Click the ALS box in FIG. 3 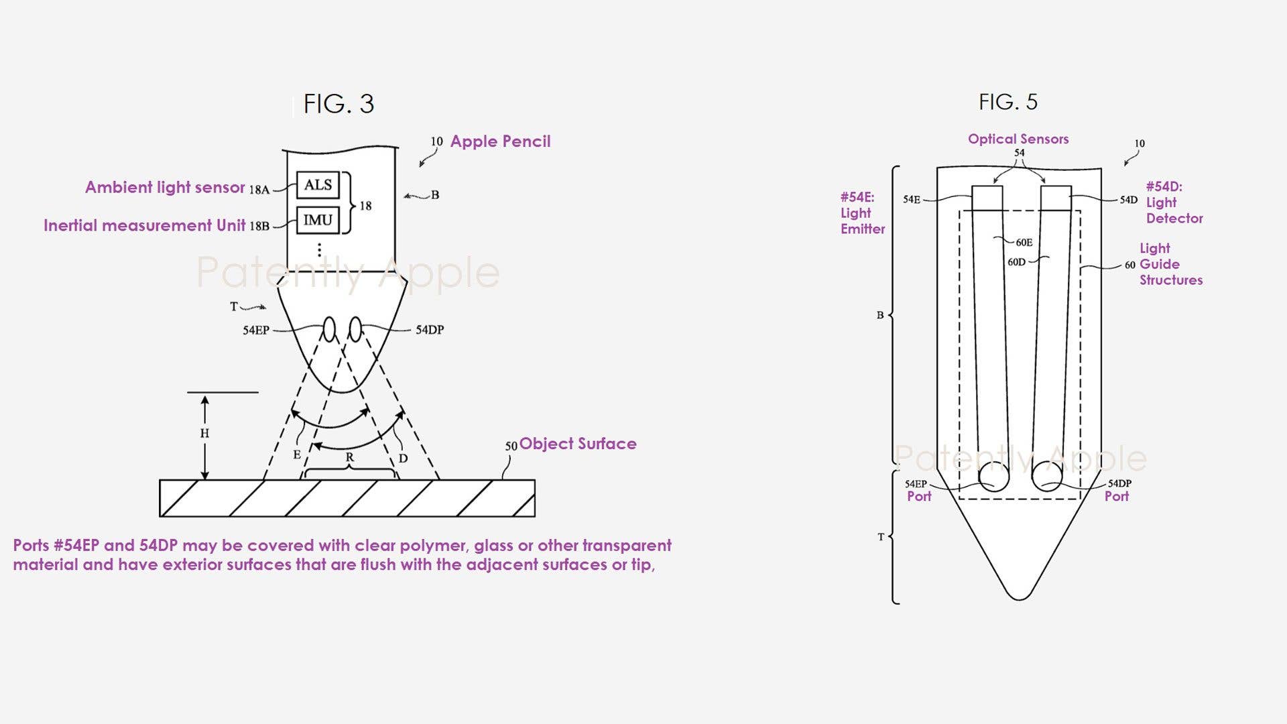click(318, 185)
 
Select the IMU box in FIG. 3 click(318, 220)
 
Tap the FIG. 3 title click(339, 104)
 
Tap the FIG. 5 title click(1007, 102)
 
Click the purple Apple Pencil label click(500, 141)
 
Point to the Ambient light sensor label click(165, 187)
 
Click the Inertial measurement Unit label click(144, 225)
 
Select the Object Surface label click(578, 444)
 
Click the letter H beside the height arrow click(204, 434)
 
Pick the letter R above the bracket click(349, 457)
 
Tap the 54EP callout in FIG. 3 click(256, 330)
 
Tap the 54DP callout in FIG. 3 click(430, 330)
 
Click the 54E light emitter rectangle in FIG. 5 click(987, 198)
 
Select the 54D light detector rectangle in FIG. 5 click(1056, 198)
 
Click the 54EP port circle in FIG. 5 click(993, 477)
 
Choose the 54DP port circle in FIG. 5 click(1047, 477)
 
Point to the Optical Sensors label click(1018, 139)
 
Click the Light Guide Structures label click(1170, 264)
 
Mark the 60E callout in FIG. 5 click(1024, 243)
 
